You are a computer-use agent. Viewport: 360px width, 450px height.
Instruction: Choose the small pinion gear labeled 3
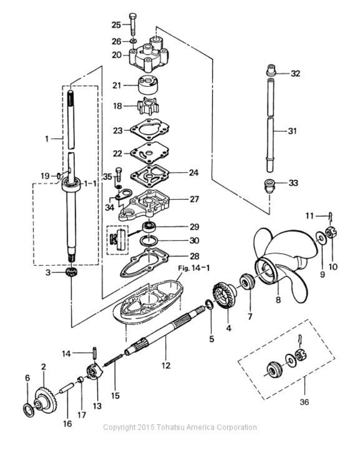click(x=71, y=273)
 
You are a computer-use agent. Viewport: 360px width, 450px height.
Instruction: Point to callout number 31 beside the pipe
click(x=293, y=131)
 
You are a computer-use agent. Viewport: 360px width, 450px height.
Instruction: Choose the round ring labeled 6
click(x=28, y=411)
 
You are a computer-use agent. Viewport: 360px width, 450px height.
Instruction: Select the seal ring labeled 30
click(x=149, y=242)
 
